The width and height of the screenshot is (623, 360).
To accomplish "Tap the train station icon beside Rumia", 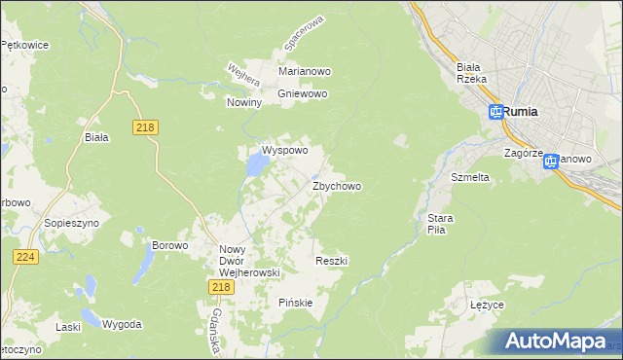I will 495,113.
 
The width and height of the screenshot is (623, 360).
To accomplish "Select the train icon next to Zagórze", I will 551,161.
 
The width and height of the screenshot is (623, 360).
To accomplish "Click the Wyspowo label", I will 284,151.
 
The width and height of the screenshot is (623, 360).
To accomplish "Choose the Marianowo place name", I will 306,71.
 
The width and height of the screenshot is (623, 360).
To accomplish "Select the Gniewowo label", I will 304,93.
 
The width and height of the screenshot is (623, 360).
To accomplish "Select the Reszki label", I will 332,261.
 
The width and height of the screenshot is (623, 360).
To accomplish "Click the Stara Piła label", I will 435,225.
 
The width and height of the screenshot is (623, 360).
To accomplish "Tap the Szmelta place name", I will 469,178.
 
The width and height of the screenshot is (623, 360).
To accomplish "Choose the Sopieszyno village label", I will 67,222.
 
